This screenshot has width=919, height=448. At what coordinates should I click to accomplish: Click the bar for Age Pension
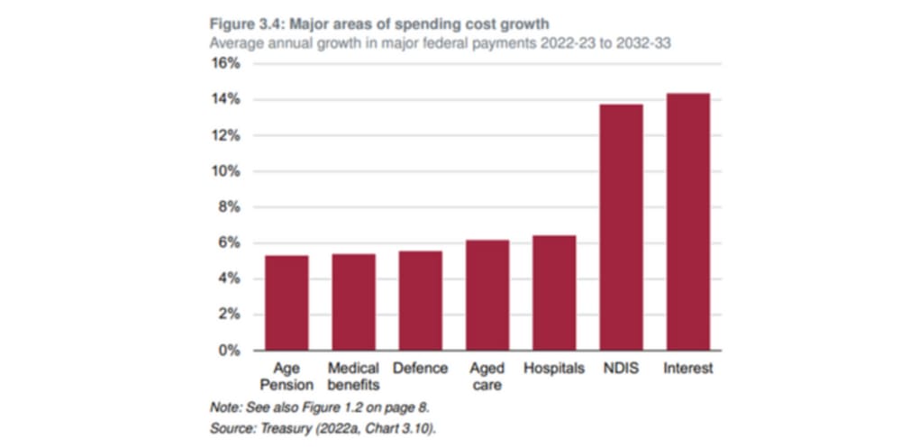287,303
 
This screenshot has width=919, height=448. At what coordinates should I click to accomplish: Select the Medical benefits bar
353,302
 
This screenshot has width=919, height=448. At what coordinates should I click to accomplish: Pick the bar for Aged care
487,295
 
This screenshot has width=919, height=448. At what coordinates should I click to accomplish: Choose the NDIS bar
621,227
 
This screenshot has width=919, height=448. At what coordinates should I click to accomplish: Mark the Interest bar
688,222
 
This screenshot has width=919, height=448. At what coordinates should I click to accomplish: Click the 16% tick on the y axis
226,64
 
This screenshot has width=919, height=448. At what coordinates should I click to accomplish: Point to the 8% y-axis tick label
230,207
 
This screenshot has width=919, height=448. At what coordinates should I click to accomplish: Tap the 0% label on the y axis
230,351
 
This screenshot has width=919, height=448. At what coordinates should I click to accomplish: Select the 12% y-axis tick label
226,135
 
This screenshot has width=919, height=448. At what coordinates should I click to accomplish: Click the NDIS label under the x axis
622,369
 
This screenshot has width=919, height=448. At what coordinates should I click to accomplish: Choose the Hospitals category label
554,369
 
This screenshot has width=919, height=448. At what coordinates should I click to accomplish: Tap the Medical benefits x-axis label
353,377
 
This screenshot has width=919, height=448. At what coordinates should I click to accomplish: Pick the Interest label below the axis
688,369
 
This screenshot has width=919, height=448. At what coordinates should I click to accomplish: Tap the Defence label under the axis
420,369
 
